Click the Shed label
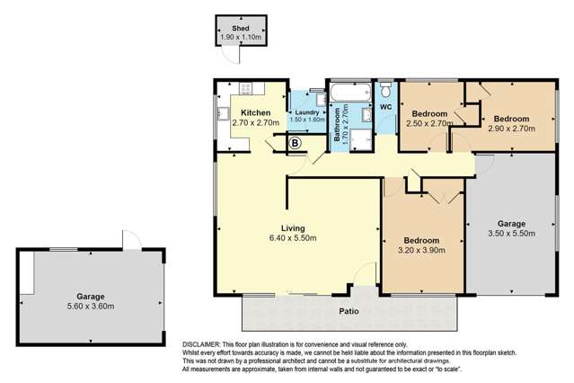239,28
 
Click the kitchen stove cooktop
245,89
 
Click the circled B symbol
294,143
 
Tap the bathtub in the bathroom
346,93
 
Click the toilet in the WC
384,91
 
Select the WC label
386,108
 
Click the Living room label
293,227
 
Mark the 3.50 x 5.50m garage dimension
517,234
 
